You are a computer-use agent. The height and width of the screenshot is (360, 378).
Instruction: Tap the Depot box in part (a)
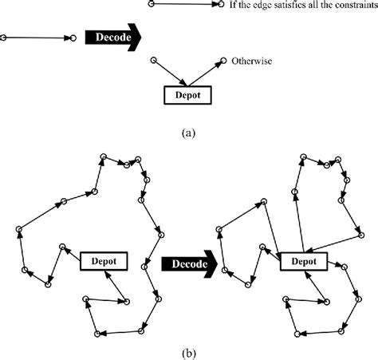[x=187, y=95]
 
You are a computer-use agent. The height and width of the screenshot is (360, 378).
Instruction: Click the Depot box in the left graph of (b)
[x=103, y=260]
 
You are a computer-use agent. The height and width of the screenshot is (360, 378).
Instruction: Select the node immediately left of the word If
[x=222, y=5]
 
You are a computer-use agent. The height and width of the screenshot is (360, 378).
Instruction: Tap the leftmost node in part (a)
[x=5, y=37]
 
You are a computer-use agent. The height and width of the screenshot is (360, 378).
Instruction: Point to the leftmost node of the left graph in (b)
[x=17, y=230]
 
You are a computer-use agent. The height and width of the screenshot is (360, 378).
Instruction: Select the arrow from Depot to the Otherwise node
[x=206, y=72]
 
